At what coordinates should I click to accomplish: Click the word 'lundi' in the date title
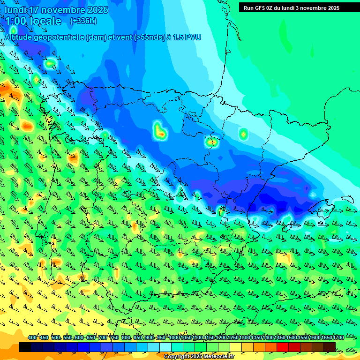point(16,10)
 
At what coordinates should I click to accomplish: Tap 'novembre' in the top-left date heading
point(65,10)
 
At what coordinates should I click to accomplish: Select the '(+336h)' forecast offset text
point(83,21)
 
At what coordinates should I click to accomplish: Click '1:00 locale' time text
point(33,21)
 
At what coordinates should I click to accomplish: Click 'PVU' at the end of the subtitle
point(193,37)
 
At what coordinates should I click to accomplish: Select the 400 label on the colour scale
point(32,338)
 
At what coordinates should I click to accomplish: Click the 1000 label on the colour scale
point(174,338)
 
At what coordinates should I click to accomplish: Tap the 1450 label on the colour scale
point(280,338)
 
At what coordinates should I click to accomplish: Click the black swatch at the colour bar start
point(25,347)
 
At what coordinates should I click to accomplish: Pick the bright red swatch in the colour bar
point(283,347)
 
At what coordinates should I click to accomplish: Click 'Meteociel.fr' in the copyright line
point(219,357)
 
